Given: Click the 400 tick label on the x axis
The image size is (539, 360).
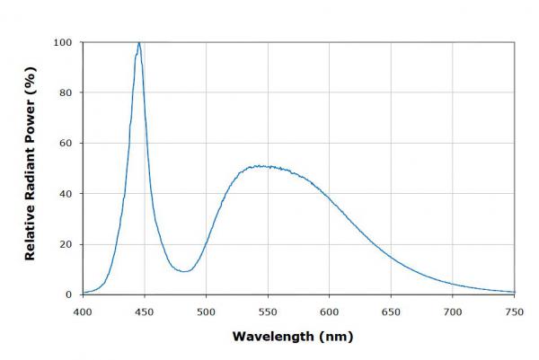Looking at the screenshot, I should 83,312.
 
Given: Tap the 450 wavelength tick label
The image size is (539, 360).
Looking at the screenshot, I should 145,312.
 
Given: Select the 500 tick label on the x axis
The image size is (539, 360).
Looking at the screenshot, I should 206,312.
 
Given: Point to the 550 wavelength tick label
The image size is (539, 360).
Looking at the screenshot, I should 268,312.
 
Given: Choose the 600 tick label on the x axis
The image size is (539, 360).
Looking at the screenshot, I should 329,312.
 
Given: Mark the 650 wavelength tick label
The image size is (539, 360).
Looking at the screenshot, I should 391,312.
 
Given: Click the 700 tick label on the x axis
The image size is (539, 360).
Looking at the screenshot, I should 452,312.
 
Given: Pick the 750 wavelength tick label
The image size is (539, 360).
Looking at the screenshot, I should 514,312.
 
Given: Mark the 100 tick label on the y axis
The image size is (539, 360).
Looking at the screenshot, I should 63,42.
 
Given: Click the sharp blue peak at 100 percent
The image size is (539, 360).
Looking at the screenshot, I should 138,43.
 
